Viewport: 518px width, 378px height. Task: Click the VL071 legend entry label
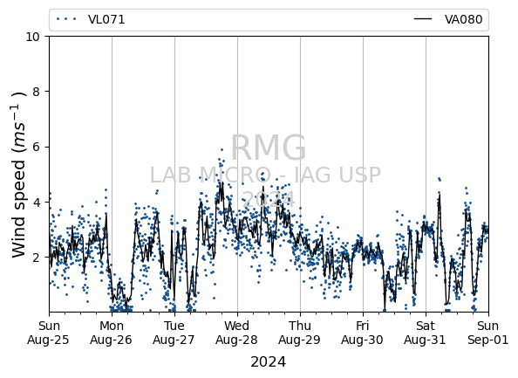[x=106, y=19]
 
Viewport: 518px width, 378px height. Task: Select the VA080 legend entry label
[x=463, y=19]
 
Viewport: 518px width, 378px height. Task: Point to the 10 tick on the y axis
[x=33, y=37]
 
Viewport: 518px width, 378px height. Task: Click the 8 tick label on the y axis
[x=37, y=92]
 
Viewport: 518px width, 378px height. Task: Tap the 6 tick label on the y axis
[x=37, y=147]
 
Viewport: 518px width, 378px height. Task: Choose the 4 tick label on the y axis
[x=37, y=202]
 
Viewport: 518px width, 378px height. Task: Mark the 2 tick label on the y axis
[x=37, y=257]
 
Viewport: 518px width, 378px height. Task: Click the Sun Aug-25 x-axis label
[x=49, y=333]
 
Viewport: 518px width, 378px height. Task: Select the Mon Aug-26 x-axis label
[x=112, y=333]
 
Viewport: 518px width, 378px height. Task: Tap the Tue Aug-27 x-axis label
[x=174, y=333]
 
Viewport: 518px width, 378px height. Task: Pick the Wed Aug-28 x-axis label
[x=237, y=333]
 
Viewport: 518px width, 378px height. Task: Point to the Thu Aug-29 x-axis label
[x=300, y=333]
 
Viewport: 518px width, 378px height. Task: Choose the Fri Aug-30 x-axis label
[x=363, y=333]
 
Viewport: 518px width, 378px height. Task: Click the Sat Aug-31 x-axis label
[x=426, y=333]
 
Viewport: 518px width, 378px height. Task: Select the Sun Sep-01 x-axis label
[x=488, y=333]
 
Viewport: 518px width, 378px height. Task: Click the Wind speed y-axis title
[x=19, y=175]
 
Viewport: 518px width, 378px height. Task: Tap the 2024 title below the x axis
[x=269, y=362]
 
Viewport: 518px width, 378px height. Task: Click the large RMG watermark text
[x=269, y=148]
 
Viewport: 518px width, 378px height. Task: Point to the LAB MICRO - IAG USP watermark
[x=266, y=175]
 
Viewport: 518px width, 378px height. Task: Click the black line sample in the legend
[x=423, y=19]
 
